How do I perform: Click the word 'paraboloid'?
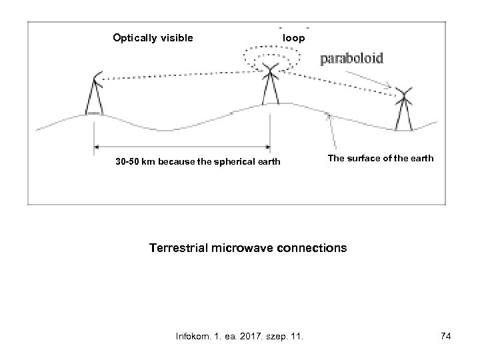[x=352, y=59]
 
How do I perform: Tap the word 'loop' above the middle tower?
[x=294, y=38]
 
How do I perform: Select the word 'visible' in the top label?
[x=175, y=38]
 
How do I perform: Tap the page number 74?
[x=446, y=337]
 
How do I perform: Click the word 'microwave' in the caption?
[x=247, y=248]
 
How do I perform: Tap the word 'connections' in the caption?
[x=313, y=248]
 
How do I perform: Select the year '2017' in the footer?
[x=255, y=337]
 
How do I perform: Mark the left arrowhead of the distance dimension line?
[x=97, y=146]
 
